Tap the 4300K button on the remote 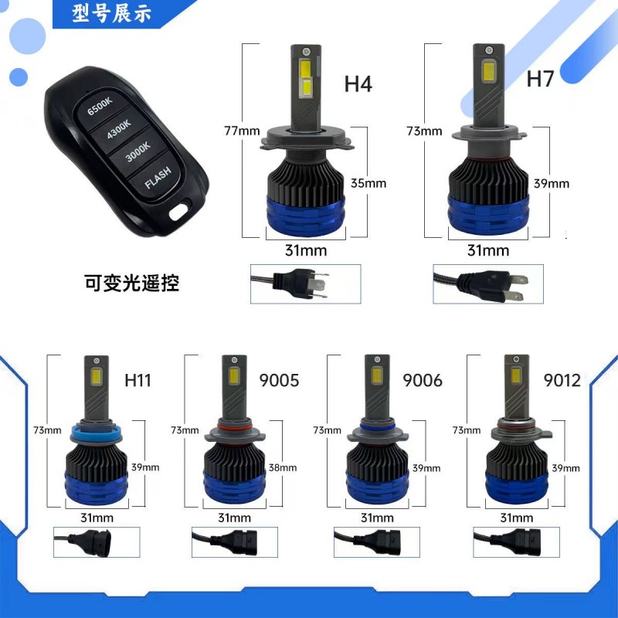(119, 128)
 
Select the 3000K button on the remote (138, 151)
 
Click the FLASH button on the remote (158, 177)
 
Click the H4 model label (358, 84)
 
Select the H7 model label (540, 79)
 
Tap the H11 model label (138, 380)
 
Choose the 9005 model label (279, 380)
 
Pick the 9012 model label (562, 380)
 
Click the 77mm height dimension (242, 131)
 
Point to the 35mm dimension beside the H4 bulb (368, 183)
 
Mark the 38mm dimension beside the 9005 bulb (283, 468)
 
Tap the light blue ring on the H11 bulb (95, 435)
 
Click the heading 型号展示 (111, 13)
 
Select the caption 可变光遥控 (131, 283)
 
